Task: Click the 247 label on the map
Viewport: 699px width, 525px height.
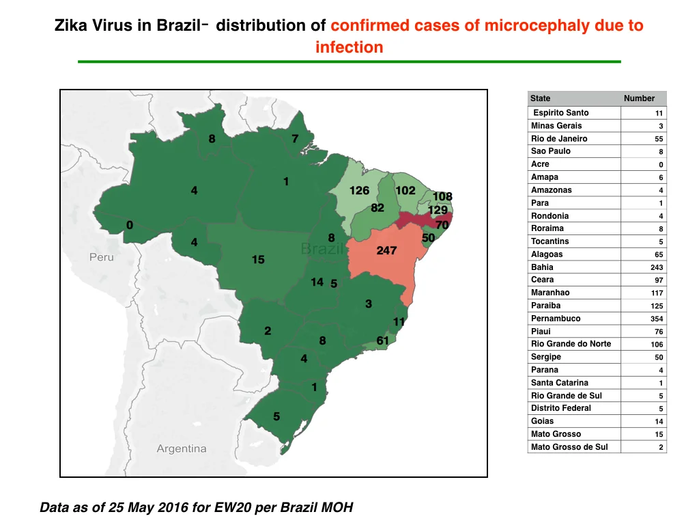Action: coord(386,250)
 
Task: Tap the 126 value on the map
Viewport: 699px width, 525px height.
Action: coord(359,191)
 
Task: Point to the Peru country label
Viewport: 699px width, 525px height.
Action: coord(102,257)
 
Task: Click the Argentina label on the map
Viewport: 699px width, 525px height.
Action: coord(182,448)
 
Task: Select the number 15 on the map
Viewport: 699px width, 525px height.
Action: coord(258,259)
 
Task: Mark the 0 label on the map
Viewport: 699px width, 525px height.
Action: coord(130,225)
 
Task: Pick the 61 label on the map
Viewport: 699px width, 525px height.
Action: coord(382,341)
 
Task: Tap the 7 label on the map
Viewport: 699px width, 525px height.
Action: coord(295,139)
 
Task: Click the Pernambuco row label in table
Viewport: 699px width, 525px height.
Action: coord(556,319)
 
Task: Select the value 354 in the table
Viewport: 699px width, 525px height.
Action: coord(657,319)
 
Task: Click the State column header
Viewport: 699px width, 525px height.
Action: coord(541,98)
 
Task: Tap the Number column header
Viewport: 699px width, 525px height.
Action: coord(639,98)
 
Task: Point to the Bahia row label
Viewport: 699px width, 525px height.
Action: coord(542,267)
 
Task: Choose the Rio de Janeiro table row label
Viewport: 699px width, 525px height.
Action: coord(559,138)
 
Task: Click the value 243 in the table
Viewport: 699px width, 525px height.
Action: coord(657,267)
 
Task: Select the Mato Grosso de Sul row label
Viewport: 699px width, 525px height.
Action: coord(569,447)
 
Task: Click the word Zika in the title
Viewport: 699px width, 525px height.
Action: coord(71,25)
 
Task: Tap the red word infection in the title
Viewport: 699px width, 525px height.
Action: coord(349,47)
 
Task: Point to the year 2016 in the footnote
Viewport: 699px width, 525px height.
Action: coord(173,508)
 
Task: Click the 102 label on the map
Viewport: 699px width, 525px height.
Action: coord(405,191)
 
